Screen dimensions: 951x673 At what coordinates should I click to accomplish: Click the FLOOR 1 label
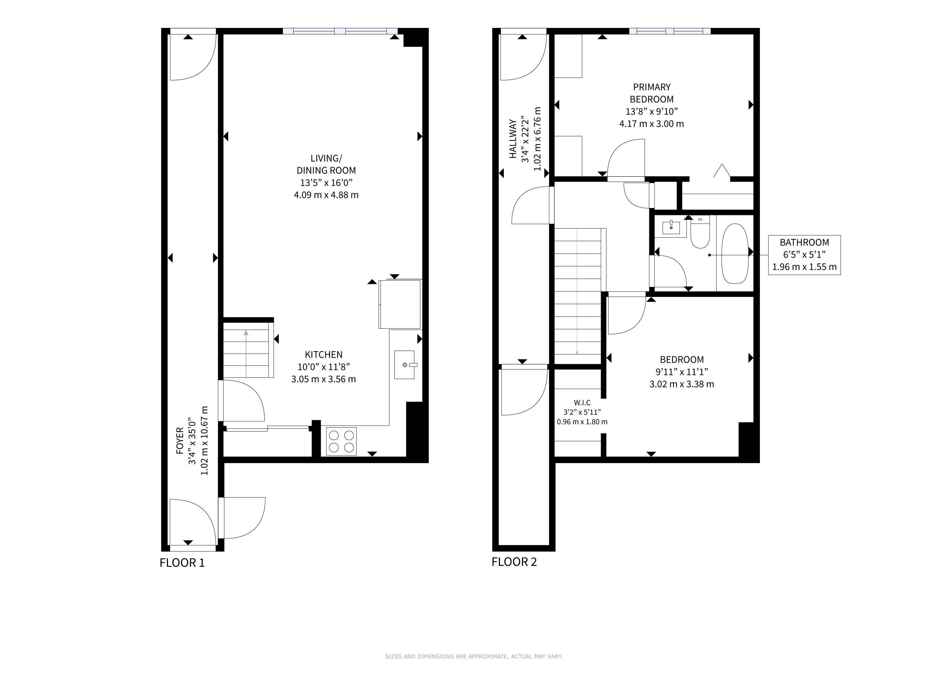point(182,563)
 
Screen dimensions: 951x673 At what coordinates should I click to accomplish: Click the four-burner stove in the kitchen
point(341,441)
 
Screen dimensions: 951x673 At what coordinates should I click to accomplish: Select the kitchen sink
point(405,365)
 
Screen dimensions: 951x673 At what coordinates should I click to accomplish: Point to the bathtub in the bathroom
point(735,254)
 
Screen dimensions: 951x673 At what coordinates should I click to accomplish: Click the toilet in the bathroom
point(700,232)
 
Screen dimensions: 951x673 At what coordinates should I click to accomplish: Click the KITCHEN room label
point(323,355)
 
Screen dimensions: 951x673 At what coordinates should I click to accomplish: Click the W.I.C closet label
point(582,403)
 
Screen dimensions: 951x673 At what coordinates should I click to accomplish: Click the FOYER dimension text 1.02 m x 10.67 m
point(204,441)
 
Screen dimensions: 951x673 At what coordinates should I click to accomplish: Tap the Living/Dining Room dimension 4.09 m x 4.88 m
point(326,195)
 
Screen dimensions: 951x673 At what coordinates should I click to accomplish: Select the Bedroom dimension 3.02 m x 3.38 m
point(682,384)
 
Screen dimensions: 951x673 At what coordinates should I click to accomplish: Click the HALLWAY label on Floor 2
point(513,139)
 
